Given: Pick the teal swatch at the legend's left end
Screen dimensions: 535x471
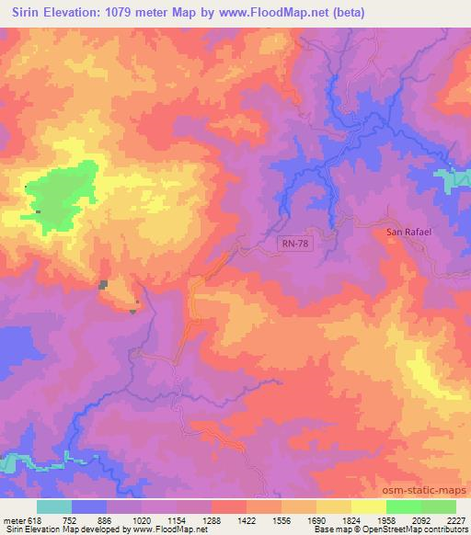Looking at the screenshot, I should click(x=54, y=507).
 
